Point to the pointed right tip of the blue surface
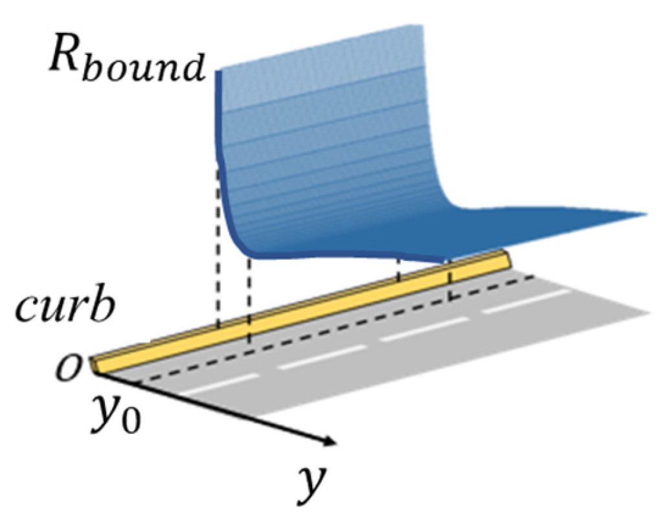[x=644, y=213]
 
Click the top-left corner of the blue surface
[x=219, y=70]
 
